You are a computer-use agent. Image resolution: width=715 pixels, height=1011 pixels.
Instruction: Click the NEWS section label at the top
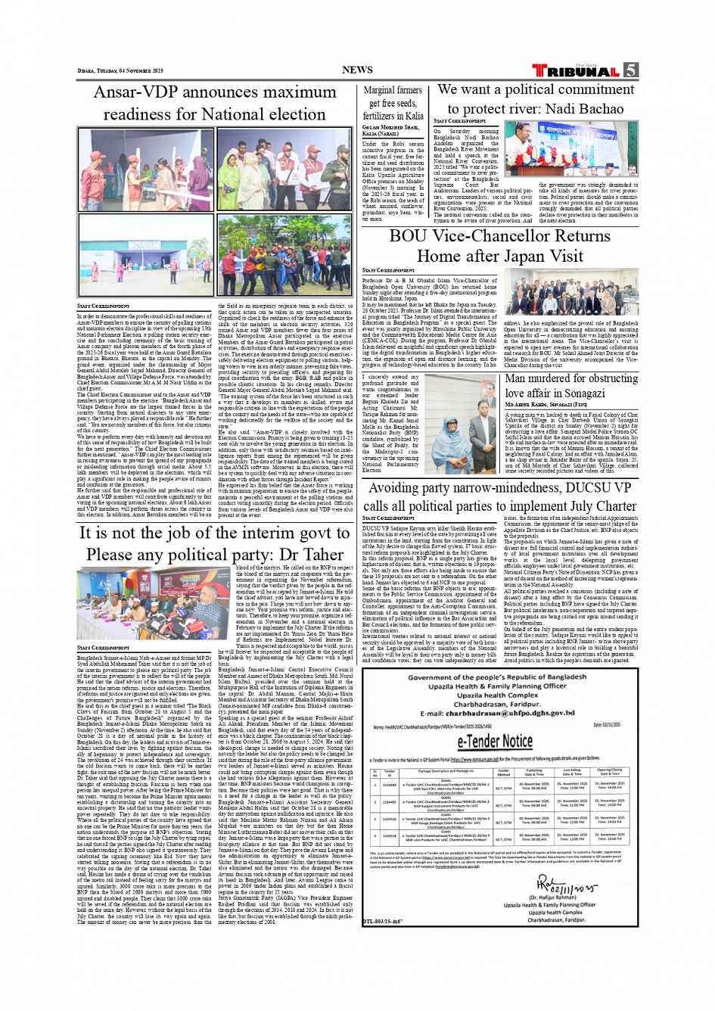click(357, 70)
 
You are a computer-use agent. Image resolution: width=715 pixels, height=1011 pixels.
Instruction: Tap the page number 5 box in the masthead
click(630, 70)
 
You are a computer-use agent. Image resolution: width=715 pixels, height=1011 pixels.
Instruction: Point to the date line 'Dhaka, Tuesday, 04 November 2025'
click(120, 71)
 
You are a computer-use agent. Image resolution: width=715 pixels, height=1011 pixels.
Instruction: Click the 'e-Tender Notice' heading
click(495, 740)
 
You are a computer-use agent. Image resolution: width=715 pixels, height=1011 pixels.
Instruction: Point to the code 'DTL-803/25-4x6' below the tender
click(382, 921)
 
